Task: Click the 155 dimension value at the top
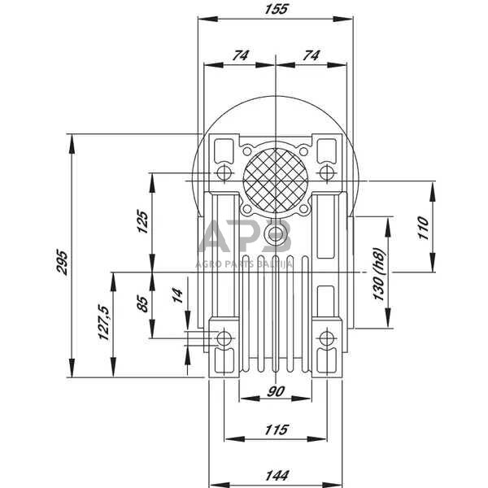tap(276, 9)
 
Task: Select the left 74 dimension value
tap(241, 55)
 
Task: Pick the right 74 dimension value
tap(311, 55)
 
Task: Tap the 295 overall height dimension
tap(62, 262)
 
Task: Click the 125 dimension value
tap(142, 221)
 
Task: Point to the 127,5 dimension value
tap(103, 323)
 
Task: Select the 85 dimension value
tap(142, 304)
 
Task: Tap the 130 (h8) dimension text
tap(379, 273)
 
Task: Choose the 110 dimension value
tap(424, 228)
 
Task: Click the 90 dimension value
tap(276, 391)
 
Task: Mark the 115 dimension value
tap(276, 429)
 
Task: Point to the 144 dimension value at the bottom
tap(277, 476)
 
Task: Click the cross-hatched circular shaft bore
tap(276, 181)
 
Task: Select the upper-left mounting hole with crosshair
tap(224, 172)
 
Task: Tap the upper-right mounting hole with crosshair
tap(326, 172)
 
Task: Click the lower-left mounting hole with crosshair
tap(224, 338)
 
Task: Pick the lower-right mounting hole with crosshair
tap(326, 338)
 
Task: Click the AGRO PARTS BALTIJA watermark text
tap(244, 264)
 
